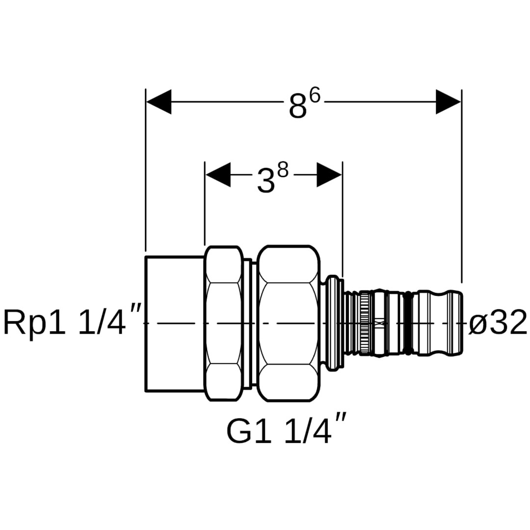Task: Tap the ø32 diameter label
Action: point(498,323)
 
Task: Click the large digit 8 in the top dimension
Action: point(297,107)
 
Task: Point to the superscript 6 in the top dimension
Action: point(314,95)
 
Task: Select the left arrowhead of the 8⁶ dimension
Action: point(159,102)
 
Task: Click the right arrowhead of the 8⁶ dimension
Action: point(449,102)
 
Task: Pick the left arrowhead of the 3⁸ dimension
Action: point(218,175)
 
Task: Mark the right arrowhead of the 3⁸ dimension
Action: point(329,175)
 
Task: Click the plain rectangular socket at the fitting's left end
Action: point(175,324)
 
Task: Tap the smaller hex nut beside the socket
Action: point(224,324)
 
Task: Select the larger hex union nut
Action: point(289,324)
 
